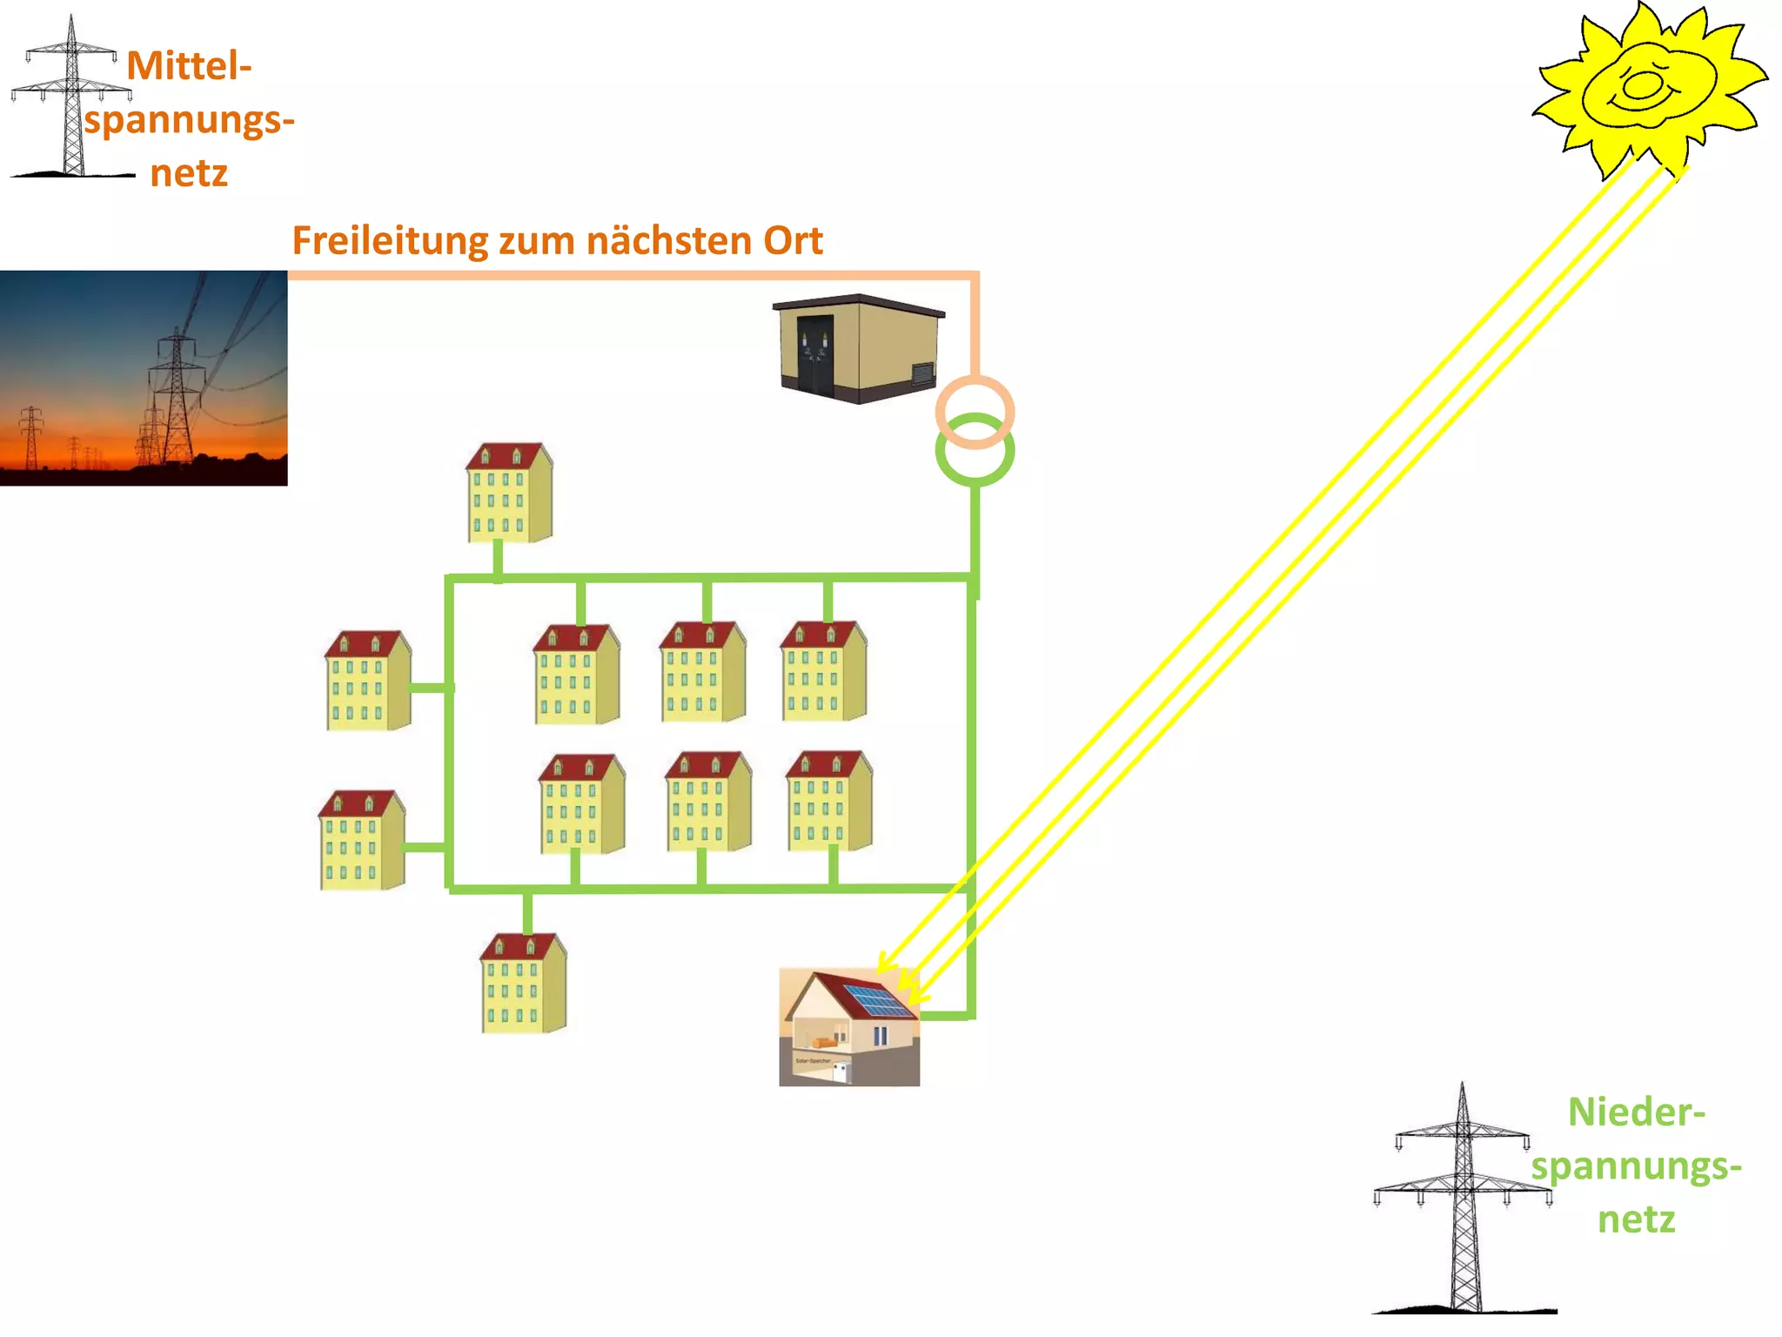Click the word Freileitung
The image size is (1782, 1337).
pos(389,241)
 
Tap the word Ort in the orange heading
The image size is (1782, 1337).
pos(793,241)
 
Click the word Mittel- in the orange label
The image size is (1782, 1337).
pos(189,66)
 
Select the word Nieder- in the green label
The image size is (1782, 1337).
pos(1636,1112)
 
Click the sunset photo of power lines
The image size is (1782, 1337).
pos(144,378)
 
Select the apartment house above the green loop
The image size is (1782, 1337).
pos(509,494)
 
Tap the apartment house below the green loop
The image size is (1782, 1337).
pos(523,984)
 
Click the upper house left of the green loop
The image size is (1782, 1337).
pos(367,681)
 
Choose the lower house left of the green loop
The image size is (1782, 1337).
pos(361,840)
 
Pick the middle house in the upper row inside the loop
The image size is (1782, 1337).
pos(702,672)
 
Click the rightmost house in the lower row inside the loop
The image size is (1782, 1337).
pos(828,801)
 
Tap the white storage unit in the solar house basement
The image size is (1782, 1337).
pos(841,1072)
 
